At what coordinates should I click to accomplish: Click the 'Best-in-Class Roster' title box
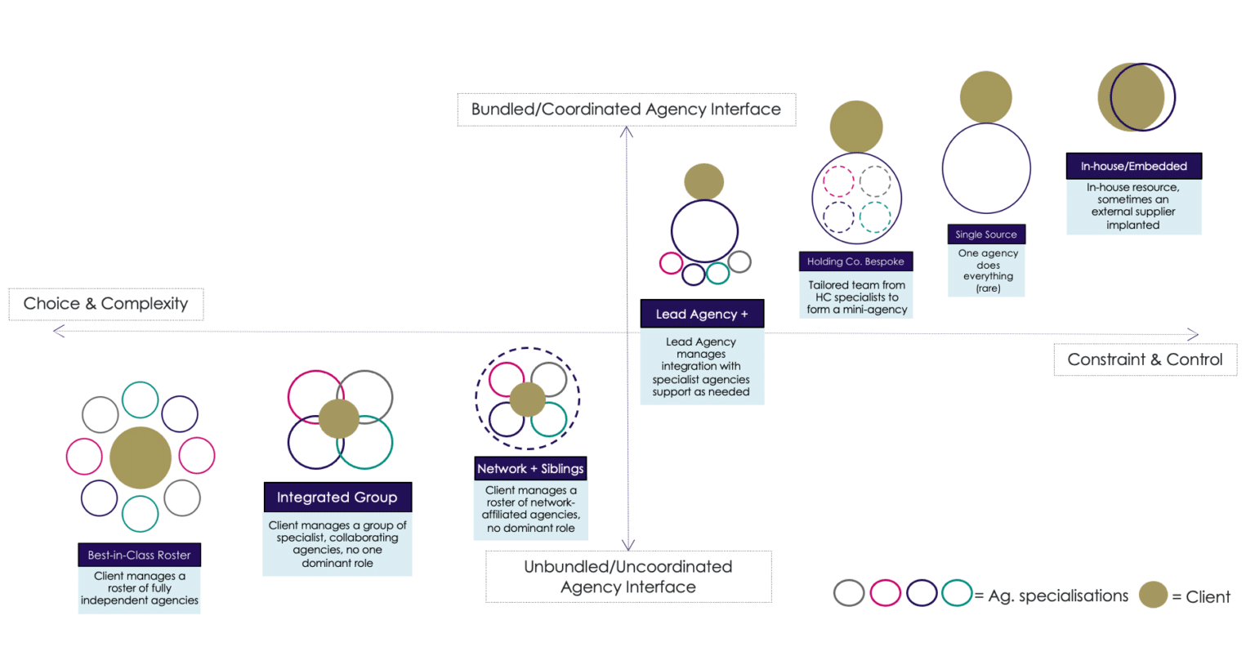pyautogui.click(x=139, y=555)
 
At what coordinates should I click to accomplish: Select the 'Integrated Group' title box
pyautogui.click(x=337, y=497)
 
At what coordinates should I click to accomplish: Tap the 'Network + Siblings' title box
pyautogui.click(x=530, y=468)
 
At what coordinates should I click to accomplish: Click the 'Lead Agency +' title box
pyautogui.click(x=702, y=314)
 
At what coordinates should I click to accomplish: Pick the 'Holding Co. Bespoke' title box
pyautogui.click(x=855, y=261)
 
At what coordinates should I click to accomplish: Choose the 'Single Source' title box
pyautogui.click(x=986, y=234)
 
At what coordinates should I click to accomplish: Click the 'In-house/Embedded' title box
pyautogui.click(x=1133, y=166)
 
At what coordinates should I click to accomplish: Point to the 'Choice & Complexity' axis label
pyautogui.click(x=106, y=304)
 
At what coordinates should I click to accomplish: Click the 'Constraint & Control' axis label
pyautogui.click(x=1145, y=359)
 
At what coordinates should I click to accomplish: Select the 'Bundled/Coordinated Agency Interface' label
pyautogui.click(x=626, y=109)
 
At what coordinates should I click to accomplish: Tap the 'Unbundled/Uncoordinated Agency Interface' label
pyautogui.click(x=627, y=577)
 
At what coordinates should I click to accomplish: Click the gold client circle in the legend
pyautogui.click(x=1154, y=595)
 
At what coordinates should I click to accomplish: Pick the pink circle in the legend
pyautogui.click(x=885, y=592)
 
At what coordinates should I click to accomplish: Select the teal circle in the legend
pyautogui.click(x=956, y=592)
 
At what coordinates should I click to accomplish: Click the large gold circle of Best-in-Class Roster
pyautogui.click(x=141, y=457)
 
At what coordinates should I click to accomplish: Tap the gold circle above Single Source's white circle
pyautogui.click(x=985, y=97)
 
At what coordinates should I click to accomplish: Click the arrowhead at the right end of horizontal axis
pyautogui.click(x=1194, y=334)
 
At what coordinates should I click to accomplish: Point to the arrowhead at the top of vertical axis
pyautogui.click(x=627, y=132)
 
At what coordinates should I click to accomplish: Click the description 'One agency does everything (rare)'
pyautogui.click(x=987, y=270)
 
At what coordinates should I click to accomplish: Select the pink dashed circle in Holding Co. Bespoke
pyautogui.click(x=837, y=181)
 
